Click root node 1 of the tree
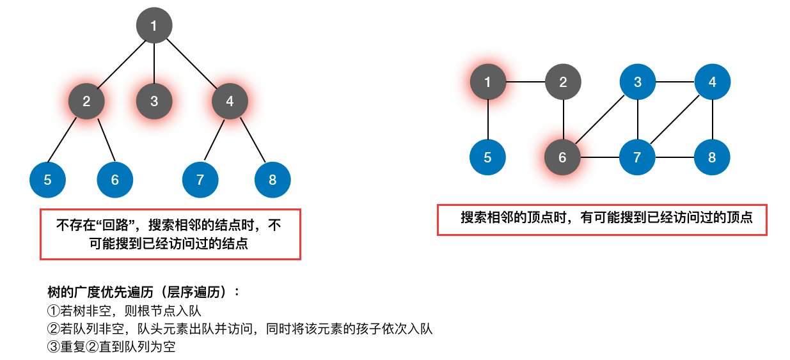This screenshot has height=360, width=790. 154,26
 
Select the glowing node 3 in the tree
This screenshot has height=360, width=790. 154,101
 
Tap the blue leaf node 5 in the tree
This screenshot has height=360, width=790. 48,180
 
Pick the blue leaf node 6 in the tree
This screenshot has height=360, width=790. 115,180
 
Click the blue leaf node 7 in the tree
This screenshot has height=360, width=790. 200,180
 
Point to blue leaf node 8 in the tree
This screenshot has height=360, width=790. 273,180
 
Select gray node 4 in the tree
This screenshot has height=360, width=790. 230,101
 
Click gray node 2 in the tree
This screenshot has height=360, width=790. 87,101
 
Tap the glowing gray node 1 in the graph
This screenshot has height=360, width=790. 488,82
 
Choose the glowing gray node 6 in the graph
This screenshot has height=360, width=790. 562,157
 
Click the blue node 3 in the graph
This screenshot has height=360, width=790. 638,82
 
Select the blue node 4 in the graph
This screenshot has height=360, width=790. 713,82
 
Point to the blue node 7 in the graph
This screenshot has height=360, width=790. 637,157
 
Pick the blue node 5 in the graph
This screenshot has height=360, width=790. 488,157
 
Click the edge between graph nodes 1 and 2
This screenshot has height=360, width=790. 525,82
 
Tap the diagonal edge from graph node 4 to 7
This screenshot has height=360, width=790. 675,120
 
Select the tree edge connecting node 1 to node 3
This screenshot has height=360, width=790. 154,63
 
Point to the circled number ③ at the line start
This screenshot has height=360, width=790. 53,347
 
